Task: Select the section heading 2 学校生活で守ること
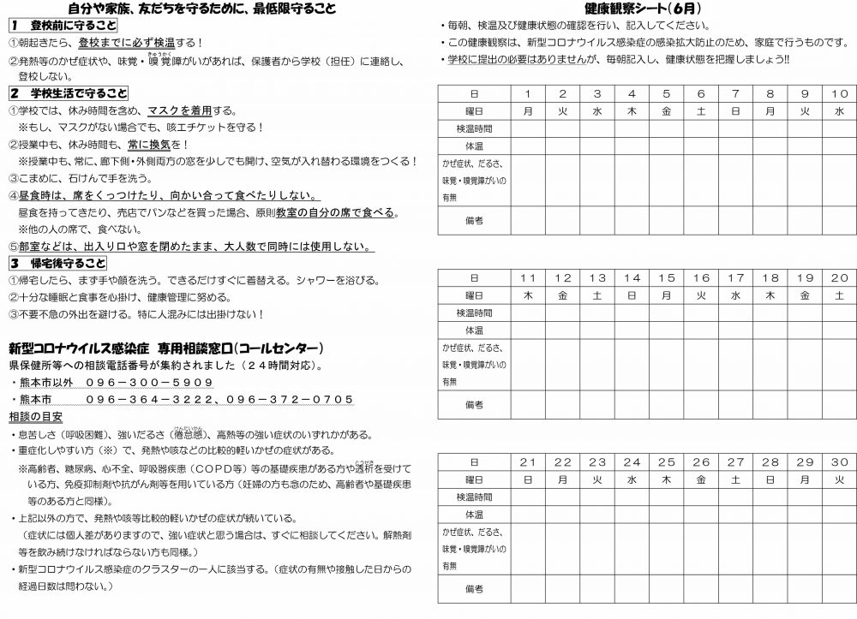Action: click(x=69, y=93)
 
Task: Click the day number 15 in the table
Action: click(x=667, y=278)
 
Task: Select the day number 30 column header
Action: click(x=840, y=462)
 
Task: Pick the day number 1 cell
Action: click(x=529, y=93)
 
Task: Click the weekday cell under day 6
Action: click(x=701, y=110)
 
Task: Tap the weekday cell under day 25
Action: click(x=667, y=479)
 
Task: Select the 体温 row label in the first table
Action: click(x=474, y=146)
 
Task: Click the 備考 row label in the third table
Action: click(x=474, y=588)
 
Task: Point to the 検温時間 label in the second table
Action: click(x=474, y=313)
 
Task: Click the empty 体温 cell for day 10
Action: click(x=840, y=146)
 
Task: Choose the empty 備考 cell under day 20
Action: click(x=840, y=404)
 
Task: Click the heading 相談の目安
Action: click(x=35, y=416)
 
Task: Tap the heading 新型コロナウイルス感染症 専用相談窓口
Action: click(x=165, y=348)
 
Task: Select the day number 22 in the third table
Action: click(x=563, y=462)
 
